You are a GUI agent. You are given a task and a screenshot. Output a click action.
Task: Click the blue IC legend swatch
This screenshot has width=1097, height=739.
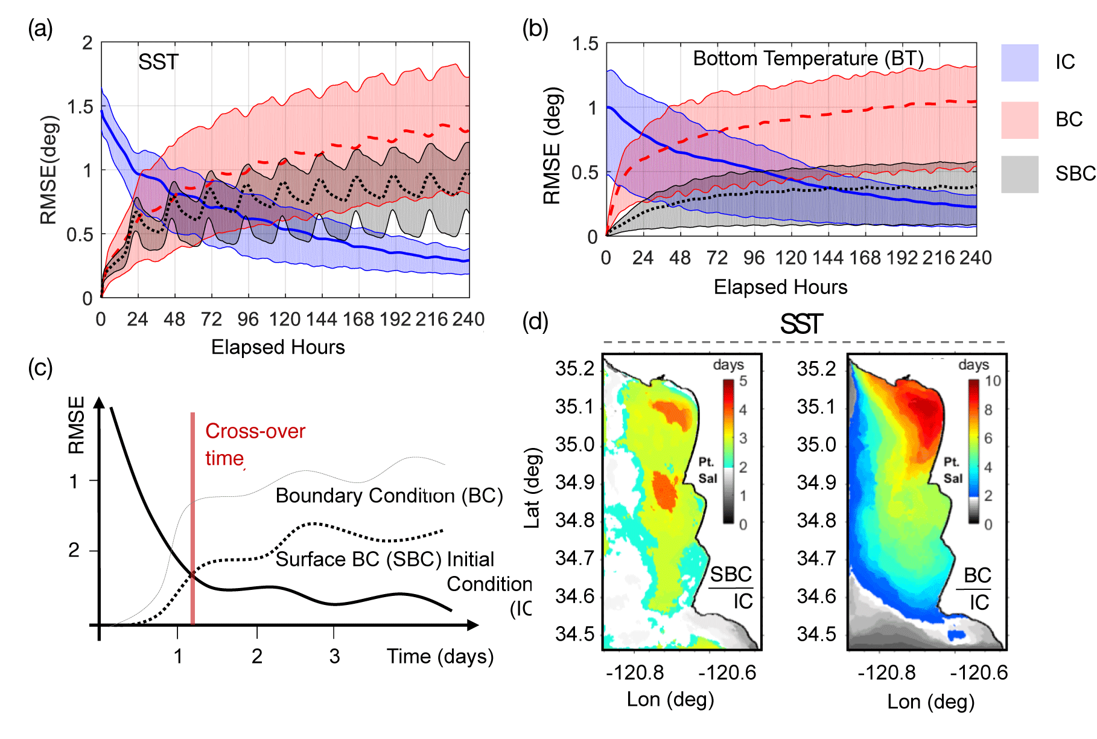(1019, 63)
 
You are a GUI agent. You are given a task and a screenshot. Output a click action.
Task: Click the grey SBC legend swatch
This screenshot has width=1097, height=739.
(1019, 174)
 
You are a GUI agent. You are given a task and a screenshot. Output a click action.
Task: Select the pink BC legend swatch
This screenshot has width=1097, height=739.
(1019, 120)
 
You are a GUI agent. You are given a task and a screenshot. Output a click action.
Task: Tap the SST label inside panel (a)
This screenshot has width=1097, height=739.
(158, 62)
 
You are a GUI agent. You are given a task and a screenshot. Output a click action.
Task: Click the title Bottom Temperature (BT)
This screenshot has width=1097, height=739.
(808, 59)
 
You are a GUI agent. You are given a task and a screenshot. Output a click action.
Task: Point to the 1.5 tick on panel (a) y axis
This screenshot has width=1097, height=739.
(80, 107)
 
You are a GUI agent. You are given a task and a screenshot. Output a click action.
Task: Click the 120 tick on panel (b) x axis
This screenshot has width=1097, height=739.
(790, 258)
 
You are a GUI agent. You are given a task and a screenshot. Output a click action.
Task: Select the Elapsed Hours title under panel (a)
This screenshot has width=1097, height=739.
(278, 347)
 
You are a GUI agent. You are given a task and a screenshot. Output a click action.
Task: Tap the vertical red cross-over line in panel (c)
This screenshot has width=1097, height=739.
(192, 519)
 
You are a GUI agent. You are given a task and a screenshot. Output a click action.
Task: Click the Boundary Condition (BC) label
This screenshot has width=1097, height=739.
(389, 496)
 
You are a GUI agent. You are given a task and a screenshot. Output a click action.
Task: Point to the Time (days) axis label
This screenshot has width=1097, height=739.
(440, 656)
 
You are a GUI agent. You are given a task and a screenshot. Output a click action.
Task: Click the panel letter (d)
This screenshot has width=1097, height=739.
(535, 322)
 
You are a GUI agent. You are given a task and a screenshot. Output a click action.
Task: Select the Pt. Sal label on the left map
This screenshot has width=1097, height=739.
(707, 470)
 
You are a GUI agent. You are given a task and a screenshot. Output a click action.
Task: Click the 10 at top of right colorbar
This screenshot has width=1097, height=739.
(993, 381)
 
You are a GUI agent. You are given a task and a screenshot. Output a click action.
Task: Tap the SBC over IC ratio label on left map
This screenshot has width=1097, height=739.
(731, 587)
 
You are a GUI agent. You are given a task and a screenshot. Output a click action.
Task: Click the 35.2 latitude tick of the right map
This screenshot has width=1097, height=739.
(816, 369)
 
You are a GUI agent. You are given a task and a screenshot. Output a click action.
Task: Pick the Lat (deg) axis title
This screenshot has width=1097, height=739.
(532, 488)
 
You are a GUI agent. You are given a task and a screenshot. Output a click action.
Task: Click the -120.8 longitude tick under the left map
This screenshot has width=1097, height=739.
(634, 672)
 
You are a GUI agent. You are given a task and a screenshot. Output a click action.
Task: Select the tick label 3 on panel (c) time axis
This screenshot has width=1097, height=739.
(334, 656)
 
